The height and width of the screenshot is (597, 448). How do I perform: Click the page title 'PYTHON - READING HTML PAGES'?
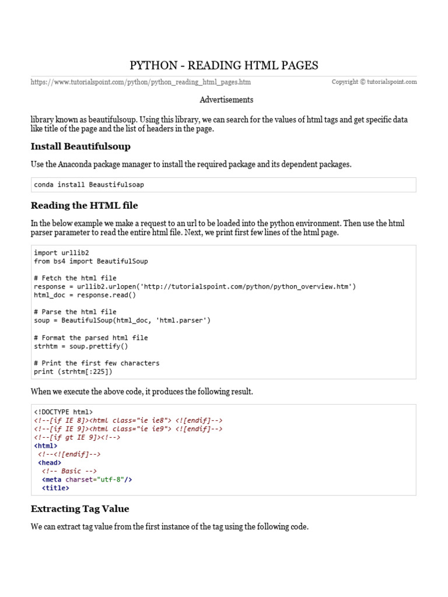click(223, 65)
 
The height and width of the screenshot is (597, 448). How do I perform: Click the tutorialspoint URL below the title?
click(141, 82)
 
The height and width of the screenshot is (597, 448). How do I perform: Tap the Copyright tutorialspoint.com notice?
click(374, 82)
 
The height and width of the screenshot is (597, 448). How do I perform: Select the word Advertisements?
click(226, 100)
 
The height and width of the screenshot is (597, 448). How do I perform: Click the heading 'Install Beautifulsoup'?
click(80, 146)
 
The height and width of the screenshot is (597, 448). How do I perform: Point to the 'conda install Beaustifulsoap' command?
click(89, 185)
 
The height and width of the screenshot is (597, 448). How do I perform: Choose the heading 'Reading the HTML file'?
click(84, 205)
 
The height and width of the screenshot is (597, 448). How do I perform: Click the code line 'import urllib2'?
click(61, 253)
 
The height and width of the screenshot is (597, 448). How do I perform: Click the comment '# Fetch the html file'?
click(75, 278)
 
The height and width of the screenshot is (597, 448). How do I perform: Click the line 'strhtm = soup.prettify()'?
click(80, 346)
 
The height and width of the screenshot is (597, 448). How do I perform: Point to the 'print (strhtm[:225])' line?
click(73, 371)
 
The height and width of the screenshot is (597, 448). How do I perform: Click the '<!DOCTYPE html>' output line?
click(63, 412)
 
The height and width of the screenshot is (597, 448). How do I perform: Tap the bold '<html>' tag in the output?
click(46, 445)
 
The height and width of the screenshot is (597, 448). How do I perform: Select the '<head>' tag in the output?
click(50, 462)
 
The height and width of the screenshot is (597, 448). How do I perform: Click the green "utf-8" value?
click(110, 479)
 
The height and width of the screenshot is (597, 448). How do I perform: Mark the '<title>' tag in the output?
click(55, 488)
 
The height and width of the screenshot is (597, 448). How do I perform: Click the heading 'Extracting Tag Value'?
click(80, 508)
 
